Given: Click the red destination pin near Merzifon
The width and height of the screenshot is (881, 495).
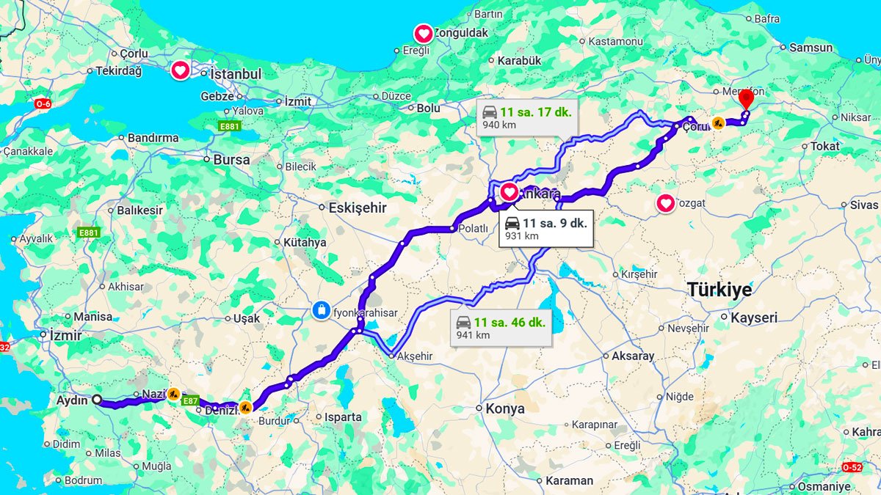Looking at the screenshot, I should click(x=746, y=99).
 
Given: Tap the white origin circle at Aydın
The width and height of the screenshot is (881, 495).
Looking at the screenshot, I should click(x=96, y=400).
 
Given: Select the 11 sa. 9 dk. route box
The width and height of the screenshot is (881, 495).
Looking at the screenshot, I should click(x=545, y=229).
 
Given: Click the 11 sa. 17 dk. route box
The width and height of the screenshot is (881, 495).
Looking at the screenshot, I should click(x=526, y=118).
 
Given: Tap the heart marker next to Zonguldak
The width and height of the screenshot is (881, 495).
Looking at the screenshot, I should click(x=424, y=33).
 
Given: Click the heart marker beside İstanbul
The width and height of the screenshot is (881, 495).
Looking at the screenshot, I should click(x=180, y=70).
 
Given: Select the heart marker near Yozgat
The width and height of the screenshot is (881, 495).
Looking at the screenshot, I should click(x=665, y=203).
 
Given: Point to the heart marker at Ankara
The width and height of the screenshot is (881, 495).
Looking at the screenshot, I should click(x=509, y=193).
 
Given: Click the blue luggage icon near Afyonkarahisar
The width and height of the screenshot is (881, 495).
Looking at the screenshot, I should click(x=321, y=310).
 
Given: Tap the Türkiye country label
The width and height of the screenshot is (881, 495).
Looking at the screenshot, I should click(x=719, y=290).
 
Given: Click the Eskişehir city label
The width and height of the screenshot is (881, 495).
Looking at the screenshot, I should click(x=357, y=208).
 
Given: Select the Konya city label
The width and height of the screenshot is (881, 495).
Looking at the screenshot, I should click(x=504, y=408).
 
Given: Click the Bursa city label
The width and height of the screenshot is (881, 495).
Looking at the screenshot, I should click(x=231, y=159).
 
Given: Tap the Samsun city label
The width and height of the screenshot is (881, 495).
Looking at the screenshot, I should click(x=811, y=48).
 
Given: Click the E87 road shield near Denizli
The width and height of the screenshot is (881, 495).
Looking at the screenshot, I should click(x=190, y=400).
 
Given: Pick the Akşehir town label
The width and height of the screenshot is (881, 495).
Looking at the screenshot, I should click(x=415, y=356).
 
